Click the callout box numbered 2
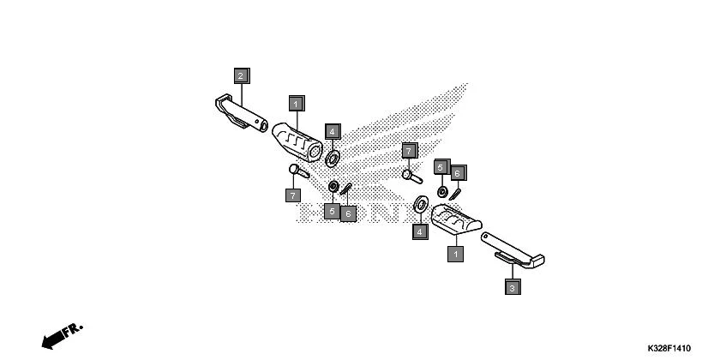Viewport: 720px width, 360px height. [x=241, y=75]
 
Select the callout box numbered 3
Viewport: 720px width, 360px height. [x=512, y=288]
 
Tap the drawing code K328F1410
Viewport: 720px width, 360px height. [x=664, y=349]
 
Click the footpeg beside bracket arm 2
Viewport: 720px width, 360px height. [x=302, y=142]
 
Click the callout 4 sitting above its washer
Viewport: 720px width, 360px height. [x=333, y=132]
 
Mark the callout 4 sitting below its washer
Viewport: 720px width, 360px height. [x=420, y=231]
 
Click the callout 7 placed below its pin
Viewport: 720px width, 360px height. [x=293, y=195]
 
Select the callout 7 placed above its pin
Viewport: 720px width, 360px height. [x=409, y=151]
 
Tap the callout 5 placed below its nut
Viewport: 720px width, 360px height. [x=332, y=211]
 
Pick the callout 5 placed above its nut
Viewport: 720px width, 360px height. [x=441, y=167]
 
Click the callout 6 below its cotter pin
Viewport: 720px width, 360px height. [x=348, y=213]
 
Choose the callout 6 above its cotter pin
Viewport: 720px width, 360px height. [x=459, y=173]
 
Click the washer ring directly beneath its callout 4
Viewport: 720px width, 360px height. [x=333, y=157]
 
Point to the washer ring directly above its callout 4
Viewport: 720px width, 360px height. [x=421, y=205]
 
